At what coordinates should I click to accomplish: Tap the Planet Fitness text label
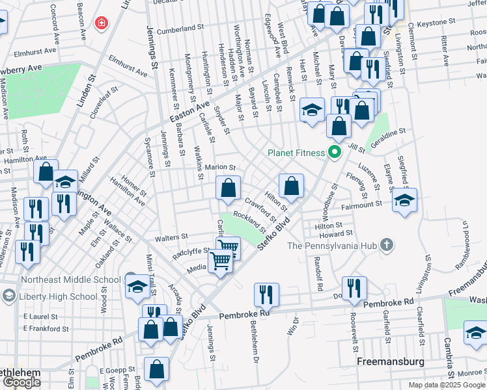[296, 153]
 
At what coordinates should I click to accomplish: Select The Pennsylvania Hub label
[333, 246]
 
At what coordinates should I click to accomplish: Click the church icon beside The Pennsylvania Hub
[387, 245]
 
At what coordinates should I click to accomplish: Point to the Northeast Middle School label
[70, 280]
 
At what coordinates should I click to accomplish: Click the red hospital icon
[101, 24]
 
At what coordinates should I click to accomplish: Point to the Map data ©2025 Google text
[446, 385]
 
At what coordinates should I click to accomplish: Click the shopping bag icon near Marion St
[228, 189]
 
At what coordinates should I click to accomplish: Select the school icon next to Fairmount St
[404, 201]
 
